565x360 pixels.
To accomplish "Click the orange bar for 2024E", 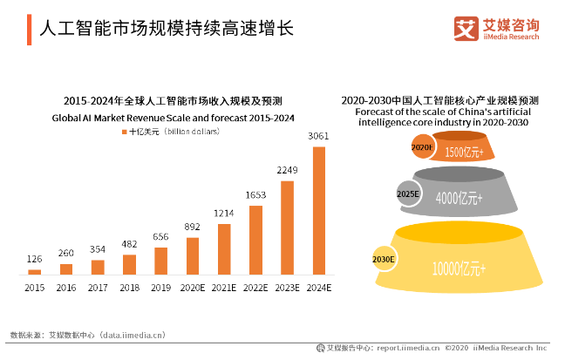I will (x=319, y=210).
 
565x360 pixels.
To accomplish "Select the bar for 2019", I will (x=161, y=261).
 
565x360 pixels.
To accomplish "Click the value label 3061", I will (x=319, y=136).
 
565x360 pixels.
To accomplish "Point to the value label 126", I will (x=35, y=259).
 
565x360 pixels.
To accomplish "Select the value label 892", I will (x=193, y=228).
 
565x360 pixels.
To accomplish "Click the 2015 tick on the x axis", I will (x=35, y=287).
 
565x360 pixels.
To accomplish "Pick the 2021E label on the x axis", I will (x=224, y=287).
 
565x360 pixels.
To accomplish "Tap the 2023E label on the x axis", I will (x=287, y=287).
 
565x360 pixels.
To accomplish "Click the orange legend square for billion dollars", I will (x=125, y=132).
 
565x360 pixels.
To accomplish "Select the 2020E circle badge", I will (x=422, y=147).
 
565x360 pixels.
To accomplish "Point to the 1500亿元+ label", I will (x=464, y=152).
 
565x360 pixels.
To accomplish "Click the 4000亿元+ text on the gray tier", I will (x=459, y=199).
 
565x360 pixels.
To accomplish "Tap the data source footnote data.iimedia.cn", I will (x=87, y=334).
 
